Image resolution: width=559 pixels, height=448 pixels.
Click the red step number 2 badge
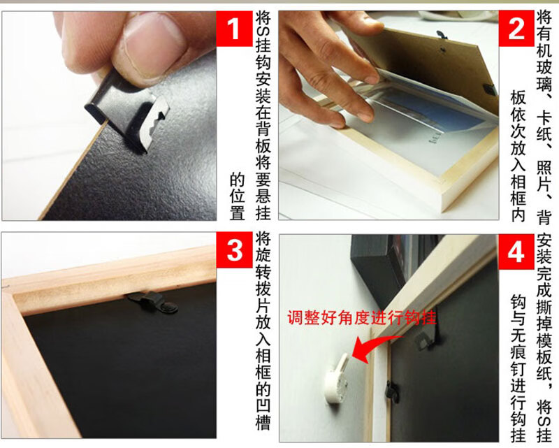tap(516, 29)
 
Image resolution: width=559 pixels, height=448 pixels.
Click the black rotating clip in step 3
tap(150, 303)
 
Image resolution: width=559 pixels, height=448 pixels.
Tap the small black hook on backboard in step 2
tap(441, 34)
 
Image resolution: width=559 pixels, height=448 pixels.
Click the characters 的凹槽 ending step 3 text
tap(263, 405)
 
